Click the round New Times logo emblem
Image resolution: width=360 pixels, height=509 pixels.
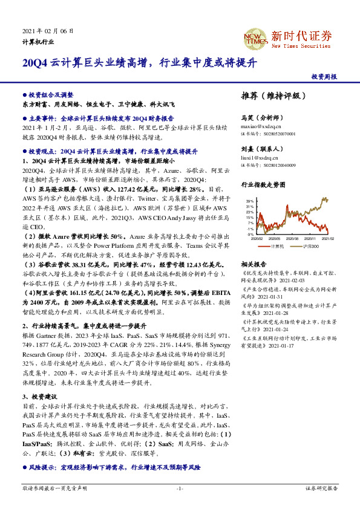click(x=255, y=36)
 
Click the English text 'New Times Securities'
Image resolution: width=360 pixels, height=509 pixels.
click(x=301, y=45)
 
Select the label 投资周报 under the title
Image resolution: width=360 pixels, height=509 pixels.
click(x=324, y=77)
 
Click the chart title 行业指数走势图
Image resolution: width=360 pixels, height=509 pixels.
click(x=263, y=185)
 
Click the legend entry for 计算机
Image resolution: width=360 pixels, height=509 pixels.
click(x=278, y=247)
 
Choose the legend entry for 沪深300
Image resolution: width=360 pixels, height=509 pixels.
click(x=309, y=247)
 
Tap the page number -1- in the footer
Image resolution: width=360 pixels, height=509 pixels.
click(x=180, y=488)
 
